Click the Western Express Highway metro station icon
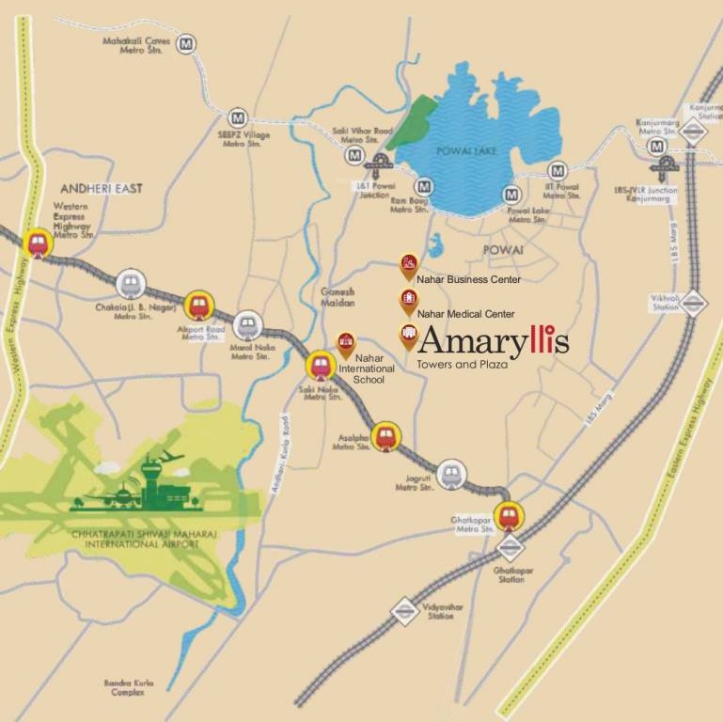click(38, 243)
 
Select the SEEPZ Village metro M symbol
click(239, 118)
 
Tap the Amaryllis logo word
click(493, 340)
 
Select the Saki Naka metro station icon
click(322, 365)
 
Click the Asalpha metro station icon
click(385, 436)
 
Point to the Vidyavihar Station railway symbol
click(404, 610)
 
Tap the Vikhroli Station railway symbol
click(693, 302)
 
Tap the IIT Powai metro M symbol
click(558, 172)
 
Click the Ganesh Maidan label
click(338, 297)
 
